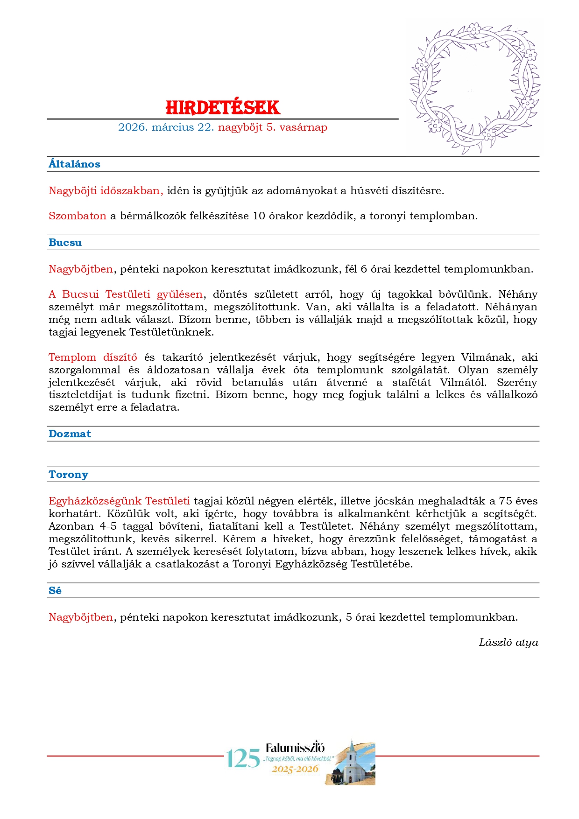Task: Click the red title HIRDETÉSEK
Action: [223, 107]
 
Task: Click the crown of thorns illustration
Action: [474, 88]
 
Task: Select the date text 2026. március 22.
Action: [166, 127]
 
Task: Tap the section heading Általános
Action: [74, 164]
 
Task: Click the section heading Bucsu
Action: [65, 243]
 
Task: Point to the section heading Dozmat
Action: [70, 434]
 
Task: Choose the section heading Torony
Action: [68, 475]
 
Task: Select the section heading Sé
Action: [55, 591]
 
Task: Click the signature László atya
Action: [508, 643]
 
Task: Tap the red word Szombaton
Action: [78, 216]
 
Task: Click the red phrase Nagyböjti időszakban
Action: [106, 191]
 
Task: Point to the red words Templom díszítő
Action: [93, 357]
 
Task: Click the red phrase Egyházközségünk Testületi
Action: [119, 501]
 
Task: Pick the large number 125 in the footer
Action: [243, 758]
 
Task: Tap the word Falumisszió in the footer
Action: [295, 747]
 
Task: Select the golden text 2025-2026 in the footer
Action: [295, 769]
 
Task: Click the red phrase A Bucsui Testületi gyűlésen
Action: [126, 294]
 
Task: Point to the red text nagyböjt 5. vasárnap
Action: [272, 127]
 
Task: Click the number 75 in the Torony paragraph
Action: [505, 501]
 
